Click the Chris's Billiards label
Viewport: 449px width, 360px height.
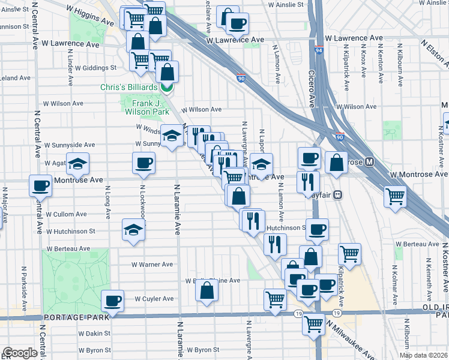tap(129, 88)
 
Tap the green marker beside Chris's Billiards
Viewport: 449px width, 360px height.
tap(166, 88)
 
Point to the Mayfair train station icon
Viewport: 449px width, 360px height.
tap(338, 194)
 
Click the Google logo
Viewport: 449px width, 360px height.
tap(20, 353)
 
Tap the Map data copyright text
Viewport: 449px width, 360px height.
tap(424, 355)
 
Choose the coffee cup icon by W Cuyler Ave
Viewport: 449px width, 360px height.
tap(112, 301)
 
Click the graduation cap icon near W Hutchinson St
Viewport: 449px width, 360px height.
tap(133, 230)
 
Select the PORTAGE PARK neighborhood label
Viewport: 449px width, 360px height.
tap(75, 317)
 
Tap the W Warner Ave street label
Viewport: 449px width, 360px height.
tap(152, 265)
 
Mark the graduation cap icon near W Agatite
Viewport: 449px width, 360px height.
tap(77, 164)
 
